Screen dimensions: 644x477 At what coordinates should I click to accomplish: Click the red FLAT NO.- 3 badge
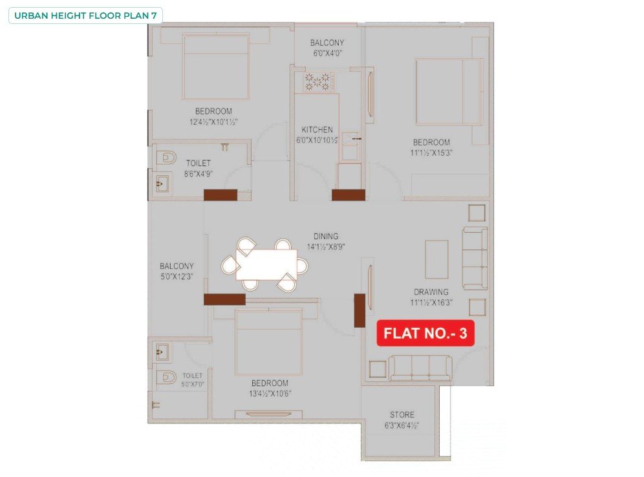point(425,333)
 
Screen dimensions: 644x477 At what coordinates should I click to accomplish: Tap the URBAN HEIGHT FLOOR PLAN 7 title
point(85,16)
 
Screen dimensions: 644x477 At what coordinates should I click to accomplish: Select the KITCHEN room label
point(317,129)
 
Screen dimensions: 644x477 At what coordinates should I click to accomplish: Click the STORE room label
point(402,414)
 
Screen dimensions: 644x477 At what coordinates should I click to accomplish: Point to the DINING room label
point(326,236)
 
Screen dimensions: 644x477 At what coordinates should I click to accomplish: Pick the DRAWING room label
point(431,292)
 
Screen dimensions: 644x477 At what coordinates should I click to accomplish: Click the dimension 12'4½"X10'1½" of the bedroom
point(213,122)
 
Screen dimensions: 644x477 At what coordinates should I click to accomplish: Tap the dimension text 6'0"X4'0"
point(327,53)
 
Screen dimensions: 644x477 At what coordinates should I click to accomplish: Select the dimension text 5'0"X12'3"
point(177,277)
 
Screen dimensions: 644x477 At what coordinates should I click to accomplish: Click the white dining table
point(266,264)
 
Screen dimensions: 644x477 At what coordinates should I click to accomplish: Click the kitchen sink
point(350,139)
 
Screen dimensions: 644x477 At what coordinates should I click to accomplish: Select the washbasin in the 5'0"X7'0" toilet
point(162,352)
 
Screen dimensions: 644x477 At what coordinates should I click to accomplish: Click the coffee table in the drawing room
point(436,259)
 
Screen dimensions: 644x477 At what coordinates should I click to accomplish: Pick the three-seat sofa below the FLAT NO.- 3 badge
point(420,368)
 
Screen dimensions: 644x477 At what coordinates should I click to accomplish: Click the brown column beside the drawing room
point(360,310)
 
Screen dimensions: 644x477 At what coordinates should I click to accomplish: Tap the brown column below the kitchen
point(349,195)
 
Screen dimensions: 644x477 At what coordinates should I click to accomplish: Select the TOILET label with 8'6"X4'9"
point(199,163)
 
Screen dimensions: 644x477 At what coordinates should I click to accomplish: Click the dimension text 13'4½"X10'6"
point(270,394)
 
